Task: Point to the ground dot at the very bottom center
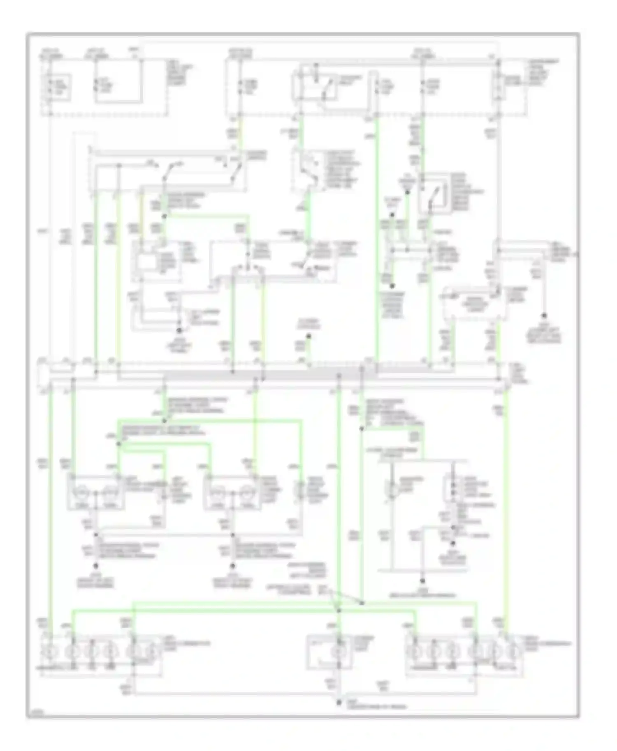(x=339, y=703)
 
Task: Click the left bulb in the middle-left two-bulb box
(x=81, y=492)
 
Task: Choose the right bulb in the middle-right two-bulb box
(x=247, y=492)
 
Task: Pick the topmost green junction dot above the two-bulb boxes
(x=164, y=421)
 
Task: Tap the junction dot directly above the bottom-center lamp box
(x=339, y=611)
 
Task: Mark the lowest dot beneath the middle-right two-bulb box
(x=232, y=565)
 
